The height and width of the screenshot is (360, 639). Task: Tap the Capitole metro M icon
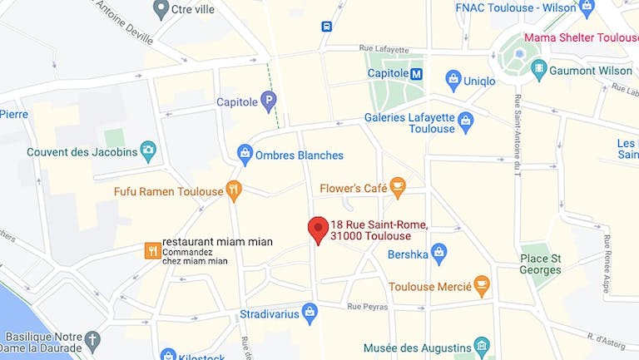pyautogui.click(x=417, y=73)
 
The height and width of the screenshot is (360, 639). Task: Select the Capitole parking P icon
pyautogui.click(x=268, y=102)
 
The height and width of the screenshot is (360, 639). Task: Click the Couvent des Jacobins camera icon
pyautogui.click(x=149, y=151)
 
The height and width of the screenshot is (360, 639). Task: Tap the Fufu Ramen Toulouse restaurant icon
pyautogui.click(x=234, y=191)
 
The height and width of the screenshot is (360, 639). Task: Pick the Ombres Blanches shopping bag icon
pyautogui.click(x=245, y=155)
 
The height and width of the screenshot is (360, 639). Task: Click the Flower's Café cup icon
pyautogui.click(x=398, y=188)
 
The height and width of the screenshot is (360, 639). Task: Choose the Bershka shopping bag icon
pyautogui.click(x=440, y=253)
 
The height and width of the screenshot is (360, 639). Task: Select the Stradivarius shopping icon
pyautogui.click(x=310, y=313)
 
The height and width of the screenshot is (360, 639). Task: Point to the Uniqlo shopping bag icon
pyautogui.click(x=453, y=81)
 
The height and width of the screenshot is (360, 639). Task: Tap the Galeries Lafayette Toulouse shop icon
pyautogui.click(x=466, y=122)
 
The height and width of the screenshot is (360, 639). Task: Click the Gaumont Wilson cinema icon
pyautogui.click(x=539, y=70)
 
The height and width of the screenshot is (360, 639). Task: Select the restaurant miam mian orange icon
pyautogui.click(x=152, y=250)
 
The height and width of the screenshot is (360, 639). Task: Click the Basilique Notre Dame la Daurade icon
pyautogui.click(x=92, y=339)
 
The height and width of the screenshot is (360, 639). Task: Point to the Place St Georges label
pyautogui.click(x=540, y=264)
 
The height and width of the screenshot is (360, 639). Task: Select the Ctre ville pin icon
pyautogui.click(x=161, y=10)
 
